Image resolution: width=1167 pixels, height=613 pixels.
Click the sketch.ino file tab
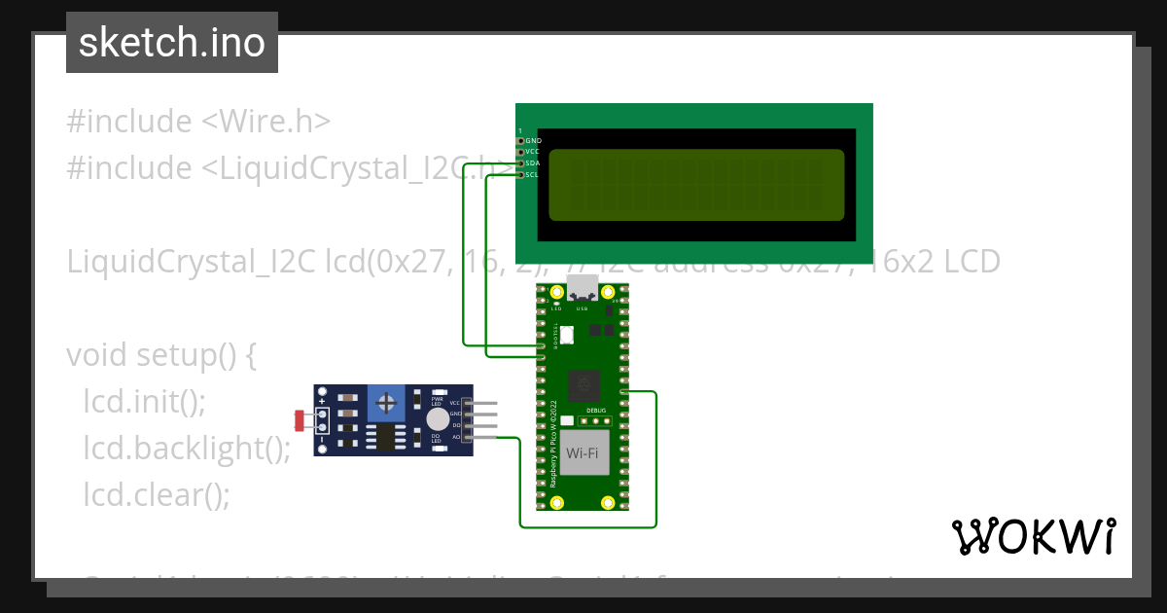pyautogui.click(x=172, y=43)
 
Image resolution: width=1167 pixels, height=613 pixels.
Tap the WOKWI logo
pyautogui.click(x=1033, y=536)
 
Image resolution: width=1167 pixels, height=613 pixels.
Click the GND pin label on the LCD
pyautogui.click(x=533, y=141)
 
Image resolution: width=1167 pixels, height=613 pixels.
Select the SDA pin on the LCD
pyautogui.click(x=521, y=163)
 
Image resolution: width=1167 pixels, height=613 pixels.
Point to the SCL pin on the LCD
pyautogui.click(x=521, y=175)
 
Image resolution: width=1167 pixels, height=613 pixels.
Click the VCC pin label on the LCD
pyautogui.click(x=532, y=152)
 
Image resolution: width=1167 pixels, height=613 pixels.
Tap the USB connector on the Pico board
pyautogui.click(x=583, y=288)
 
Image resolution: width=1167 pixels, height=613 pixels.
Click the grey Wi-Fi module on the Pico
pyautogui.click(x=582, y=452)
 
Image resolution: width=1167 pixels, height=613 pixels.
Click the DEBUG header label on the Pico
pyautogui.click(x=596, y=412)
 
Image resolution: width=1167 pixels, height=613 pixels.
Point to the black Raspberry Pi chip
pyautogui.click(x=584, y=385)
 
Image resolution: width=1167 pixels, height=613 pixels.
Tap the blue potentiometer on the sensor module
pyautogui.click(x=387, y=403)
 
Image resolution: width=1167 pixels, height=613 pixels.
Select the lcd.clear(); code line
pyautogui.click(x=157, y=494)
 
